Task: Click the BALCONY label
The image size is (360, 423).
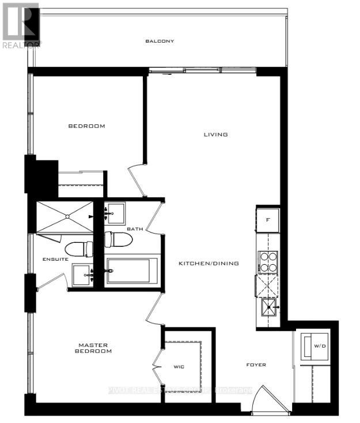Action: [x=160, y=41]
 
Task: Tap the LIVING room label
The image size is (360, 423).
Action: [x=216, y=135]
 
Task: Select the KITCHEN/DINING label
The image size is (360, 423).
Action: [x=209, y=263]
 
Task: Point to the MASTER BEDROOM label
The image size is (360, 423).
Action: [x=95, y=348]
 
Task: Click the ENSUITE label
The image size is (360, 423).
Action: [x=56, y=260]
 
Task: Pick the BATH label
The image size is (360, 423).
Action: [x=135, y=229]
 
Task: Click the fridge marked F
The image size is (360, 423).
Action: [x=268, y=219]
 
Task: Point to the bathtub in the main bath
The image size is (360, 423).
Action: [x=132, y=272]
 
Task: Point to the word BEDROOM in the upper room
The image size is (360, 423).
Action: [x=86, y=126]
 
